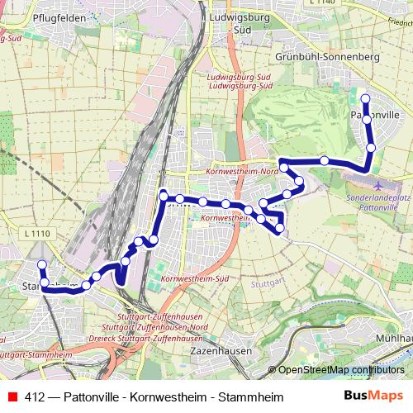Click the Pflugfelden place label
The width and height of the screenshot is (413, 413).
click(37, 17)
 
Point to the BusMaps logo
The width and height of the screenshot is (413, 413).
click(374, 396)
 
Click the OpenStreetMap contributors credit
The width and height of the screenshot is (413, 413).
click(341, 370)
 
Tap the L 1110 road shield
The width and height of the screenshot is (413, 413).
click(38, 235)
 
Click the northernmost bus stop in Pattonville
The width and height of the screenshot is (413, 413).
click(365, 99)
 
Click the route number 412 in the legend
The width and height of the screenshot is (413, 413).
click(35, 397)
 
